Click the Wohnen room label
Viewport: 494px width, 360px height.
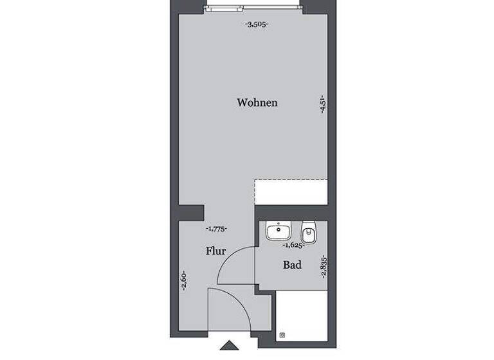[x=257, y=102]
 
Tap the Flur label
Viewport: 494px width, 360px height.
[x=215, y=251]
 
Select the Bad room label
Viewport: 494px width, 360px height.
[x=293, y=264]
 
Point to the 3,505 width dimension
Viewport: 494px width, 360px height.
[x=257, y=24]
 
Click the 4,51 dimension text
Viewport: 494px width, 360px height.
[x=322, y=104]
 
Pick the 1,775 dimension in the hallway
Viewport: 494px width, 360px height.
[x=216, y=228]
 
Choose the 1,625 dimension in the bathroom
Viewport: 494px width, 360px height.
[x=293, y=245]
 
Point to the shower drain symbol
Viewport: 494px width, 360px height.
[x=283, y=334]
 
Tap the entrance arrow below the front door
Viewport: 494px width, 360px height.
[x=229, y=345]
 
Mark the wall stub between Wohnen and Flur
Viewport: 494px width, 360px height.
[x=190, y=212]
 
